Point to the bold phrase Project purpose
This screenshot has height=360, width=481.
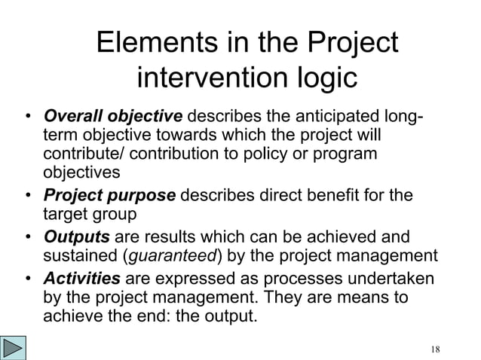(x=110, y=196)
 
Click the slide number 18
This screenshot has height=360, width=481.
(x=434, y=348)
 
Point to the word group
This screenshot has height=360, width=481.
(x=115, y=215)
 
